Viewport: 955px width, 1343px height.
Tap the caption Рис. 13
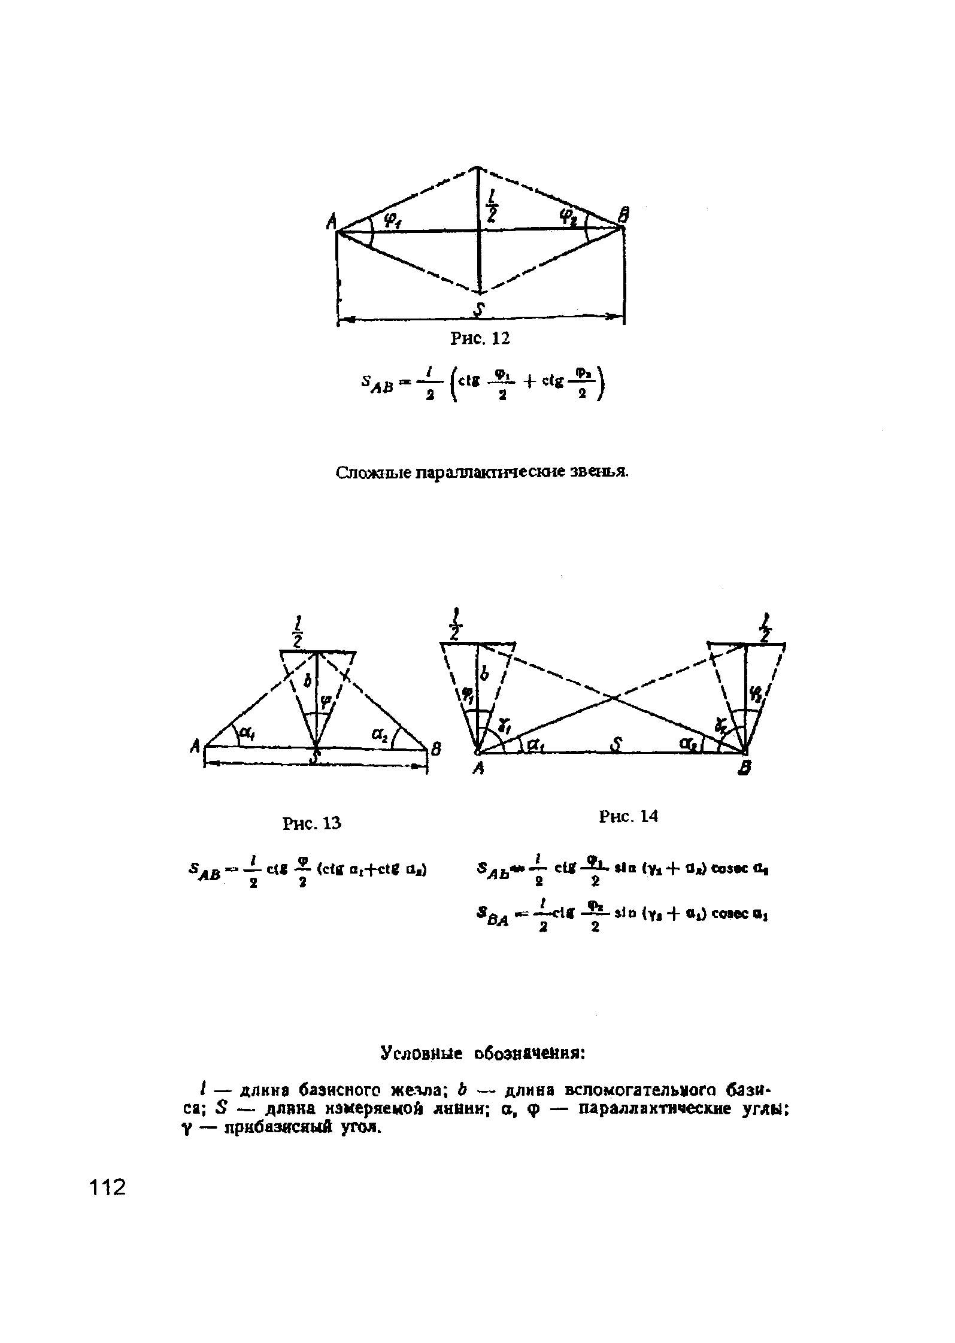click(x=311, y=824)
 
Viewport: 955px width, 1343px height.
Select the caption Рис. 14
click(x=628, y=816)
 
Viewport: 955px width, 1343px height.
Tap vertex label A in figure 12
click(x=331, y=223)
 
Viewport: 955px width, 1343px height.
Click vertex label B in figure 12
click(x=624, y=214)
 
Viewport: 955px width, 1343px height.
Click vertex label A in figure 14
click(x=478, y=771)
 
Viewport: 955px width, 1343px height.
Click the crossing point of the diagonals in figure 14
click(x=613, y=697)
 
